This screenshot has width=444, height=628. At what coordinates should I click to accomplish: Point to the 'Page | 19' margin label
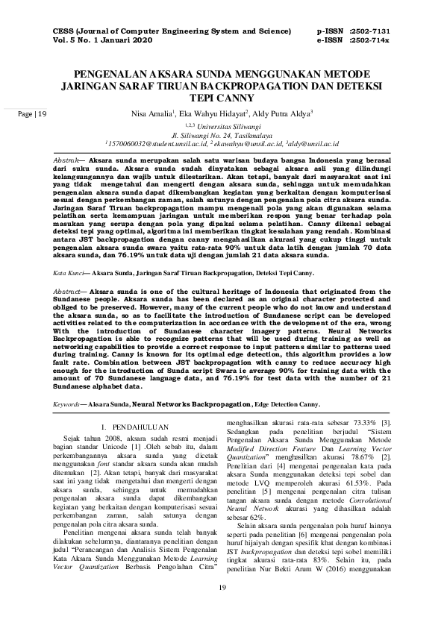[x=31, y=114]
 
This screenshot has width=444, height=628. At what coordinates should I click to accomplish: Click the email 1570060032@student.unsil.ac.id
[x=151, y=145]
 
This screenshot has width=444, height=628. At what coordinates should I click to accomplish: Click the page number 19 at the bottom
[x=222, y=609]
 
